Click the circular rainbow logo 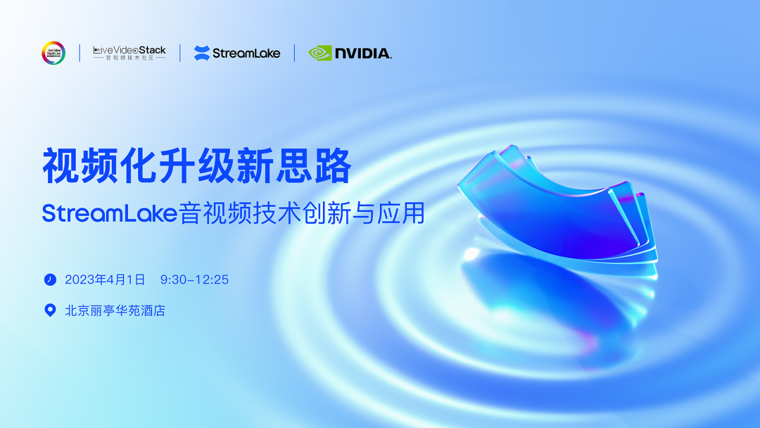pyautogui.click(x=53, y=53)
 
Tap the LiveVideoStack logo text pyautogui.click(x=130, y=50)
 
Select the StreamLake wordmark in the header pyautogui.click(x=246, y=53)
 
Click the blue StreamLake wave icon pyautogui.click(x=202, y=53)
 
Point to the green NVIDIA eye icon pyautogui.click(x=320, y=53)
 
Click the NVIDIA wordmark pyautogui.click(x=363, y=53)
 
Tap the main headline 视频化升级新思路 pyautogui.click(x=196, y=167)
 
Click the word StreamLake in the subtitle pyautogui.click(x=110, y=213)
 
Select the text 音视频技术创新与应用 pyautogui.click(x=302, y=213)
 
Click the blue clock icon pyautogui.click(x=50, y=279)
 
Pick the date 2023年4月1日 pyautogui.click(x=105, y=279)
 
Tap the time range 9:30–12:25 pyautogui.click(x=194, y=279)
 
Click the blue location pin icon pyautogui.click(x=50, y=310)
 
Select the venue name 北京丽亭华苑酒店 pyautogui.click(x=115, y=310)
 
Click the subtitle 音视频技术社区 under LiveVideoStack pyautogui.click(x=130, y=58)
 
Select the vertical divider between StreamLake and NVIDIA pyautogui.click(x=294, y=53)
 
